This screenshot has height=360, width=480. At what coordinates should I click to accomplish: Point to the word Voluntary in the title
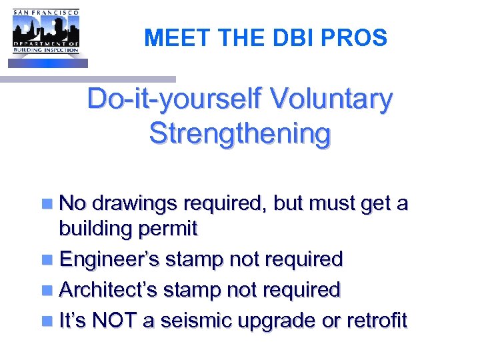point(335,100)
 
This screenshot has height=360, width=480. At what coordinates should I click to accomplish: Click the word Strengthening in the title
point(239,133)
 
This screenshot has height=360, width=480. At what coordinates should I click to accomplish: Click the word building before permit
point(96,229)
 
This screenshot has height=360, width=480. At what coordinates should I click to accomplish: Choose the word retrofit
point(377,321)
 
